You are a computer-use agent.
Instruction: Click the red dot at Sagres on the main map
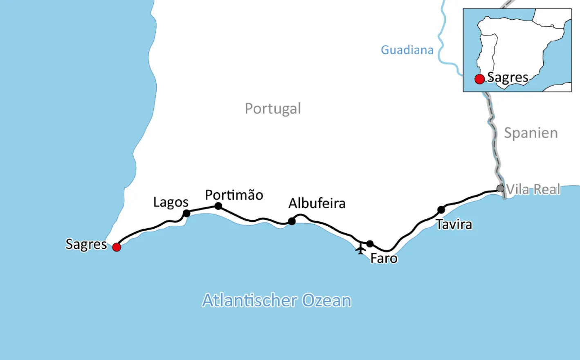[x=117, y=247]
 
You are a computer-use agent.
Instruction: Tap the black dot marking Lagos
[x=187, y=213]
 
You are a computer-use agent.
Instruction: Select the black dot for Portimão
[x=218, y=206]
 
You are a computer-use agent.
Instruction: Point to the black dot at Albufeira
[x=292, y=221]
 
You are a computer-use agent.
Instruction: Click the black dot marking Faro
[x=370, y=244]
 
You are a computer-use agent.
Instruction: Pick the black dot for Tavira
[x=441, y=210]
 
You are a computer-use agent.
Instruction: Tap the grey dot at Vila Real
[x=500, y=189]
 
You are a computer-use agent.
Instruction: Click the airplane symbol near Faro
[x=360, y=249]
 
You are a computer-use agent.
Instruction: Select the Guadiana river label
[x=407, y=50]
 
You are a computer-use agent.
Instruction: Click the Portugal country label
[x=273, y=109]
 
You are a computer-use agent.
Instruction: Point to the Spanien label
[x=531, y=133]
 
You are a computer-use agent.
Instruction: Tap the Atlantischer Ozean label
[x=277, y=301]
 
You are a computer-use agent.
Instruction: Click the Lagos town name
[x=171, y=202]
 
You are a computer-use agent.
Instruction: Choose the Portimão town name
[x=234, y=195]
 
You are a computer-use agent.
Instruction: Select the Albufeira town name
[x=317, y=203]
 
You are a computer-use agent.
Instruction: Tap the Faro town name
[x=384, y=259]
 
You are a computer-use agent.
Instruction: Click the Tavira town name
[x=454, y=225]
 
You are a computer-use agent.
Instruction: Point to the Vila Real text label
[x=533, y=189]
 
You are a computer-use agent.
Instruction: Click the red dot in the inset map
[x=479, y=79]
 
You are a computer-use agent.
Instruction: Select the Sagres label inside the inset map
[x=508, y=78]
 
